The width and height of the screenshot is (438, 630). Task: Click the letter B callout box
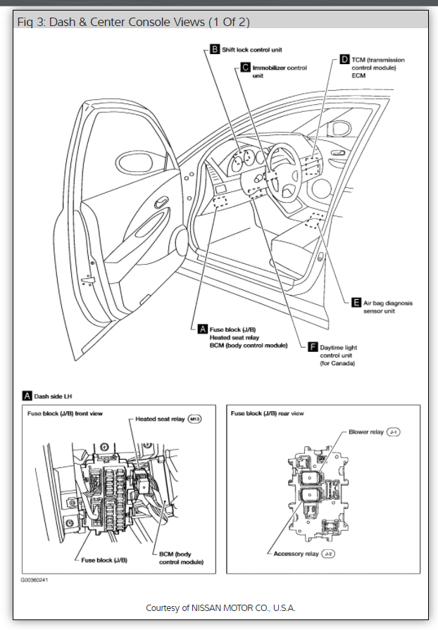coord(215,49)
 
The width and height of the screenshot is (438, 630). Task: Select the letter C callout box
coord(246,68)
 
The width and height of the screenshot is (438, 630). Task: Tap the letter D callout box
coord(344,59)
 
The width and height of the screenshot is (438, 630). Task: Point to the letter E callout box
coord(356,303)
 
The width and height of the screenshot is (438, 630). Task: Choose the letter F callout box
coord(314,346)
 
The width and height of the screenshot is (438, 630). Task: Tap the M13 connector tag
coord(195,420)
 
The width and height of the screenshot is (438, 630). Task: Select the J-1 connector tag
coord(393,431)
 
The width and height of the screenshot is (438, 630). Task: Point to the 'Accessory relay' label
coord(296,555)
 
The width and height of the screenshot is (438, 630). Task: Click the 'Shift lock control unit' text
coord(251,50)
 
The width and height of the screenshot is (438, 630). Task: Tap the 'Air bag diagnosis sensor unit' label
coord(388,307)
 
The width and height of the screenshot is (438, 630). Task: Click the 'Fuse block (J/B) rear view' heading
coord(267,413)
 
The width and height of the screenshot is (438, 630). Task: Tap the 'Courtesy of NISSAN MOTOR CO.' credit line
coord(220,607)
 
